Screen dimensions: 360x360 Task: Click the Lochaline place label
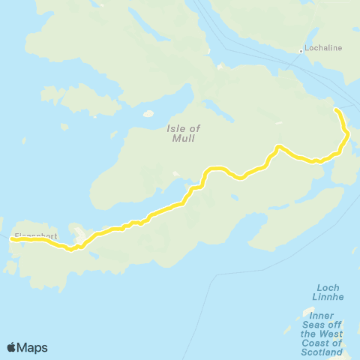[x=324, y=49]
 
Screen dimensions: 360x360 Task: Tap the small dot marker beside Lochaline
[x=301, y=51]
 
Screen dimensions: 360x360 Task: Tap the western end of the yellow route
[x=12, y=239]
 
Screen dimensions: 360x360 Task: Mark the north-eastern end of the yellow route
[x=336, y=110]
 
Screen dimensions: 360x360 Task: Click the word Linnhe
[x=330, y=297]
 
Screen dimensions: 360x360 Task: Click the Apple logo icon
[x=12, y=347]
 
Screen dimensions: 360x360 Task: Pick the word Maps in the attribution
[x=33, y=347]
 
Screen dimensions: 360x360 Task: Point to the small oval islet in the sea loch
[x=148, y=115]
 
